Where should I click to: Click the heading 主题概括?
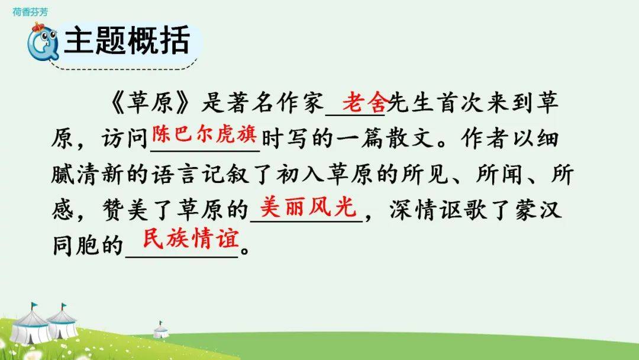pyautogui.click(x=127, y=40)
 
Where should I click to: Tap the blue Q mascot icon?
pyautogui.click(x=42, y=42)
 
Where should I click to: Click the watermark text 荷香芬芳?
pyautogui.click(x=30, y=12)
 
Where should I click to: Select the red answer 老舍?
pyautogui.click(x=364, y=102)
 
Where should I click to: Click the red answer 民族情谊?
pyautogui.click(x=191, y=239)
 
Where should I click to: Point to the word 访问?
pyautogui.click(x=125, y=139)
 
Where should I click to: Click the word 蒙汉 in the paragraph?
pyautogui.click(x=538, y=211)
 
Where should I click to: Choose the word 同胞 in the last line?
pyautogui.click(x=76, y=246)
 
